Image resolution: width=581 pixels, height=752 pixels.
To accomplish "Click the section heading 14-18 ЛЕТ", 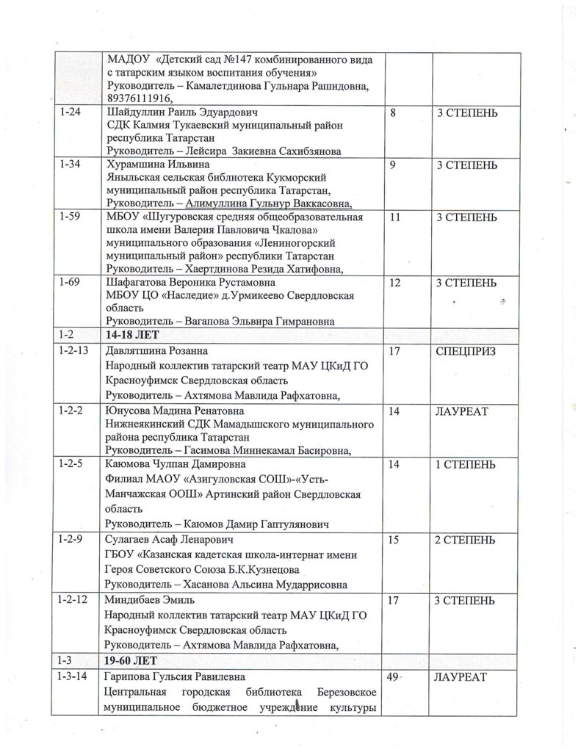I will tap(137, 335).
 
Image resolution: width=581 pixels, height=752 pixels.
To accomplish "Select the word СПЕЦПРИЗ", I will tap(466, 352).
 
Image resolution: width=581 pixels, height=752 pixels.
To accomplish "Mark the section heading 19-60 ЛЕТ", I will tap(137, 659).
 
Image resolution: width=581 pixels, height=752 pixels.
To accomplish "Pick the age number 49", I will tap(395, 676).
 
